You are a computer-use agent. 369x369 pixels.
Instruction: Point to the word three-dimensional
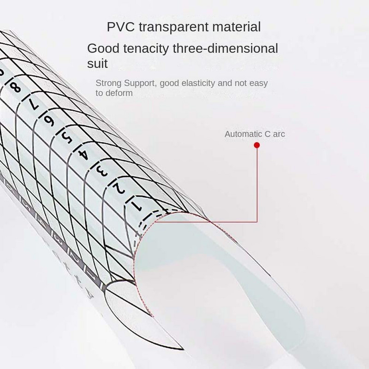point(229,48)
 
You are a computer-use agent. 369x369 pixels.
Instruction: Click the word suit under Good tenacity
point(97,64)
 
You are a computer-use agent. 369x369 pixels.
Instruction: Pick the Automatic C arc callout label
point(255,135)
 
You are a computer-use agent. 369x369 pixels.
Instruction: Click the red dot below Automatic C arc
point(257,145)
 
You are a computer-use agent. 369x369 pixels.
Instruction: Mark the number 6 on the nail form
point(48,120)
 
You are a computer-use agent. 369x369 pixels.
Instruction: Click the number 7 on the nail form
point(32,104)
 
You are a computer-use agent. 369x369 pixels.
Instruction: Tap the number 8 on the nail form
point(15,87)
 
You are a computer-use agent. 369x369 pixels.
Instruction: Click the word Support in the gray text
point(139,83)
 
